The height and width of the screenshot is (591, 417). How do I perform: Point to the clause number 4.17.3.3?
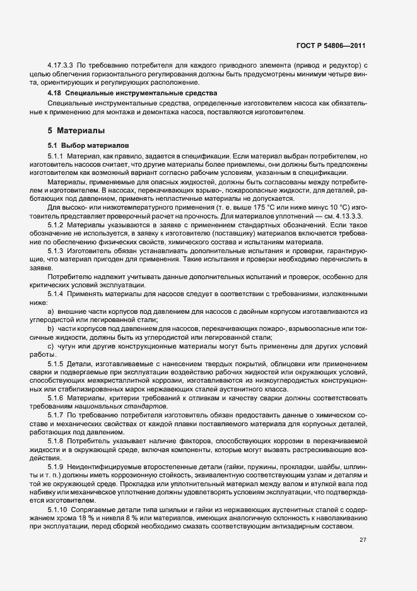coord(61,66)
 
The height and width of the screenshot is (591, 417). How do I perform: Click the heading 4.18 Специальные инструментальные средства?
coord(132,93)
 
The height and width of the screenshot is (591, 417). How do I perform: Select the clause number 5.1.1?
coord(56,155)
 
